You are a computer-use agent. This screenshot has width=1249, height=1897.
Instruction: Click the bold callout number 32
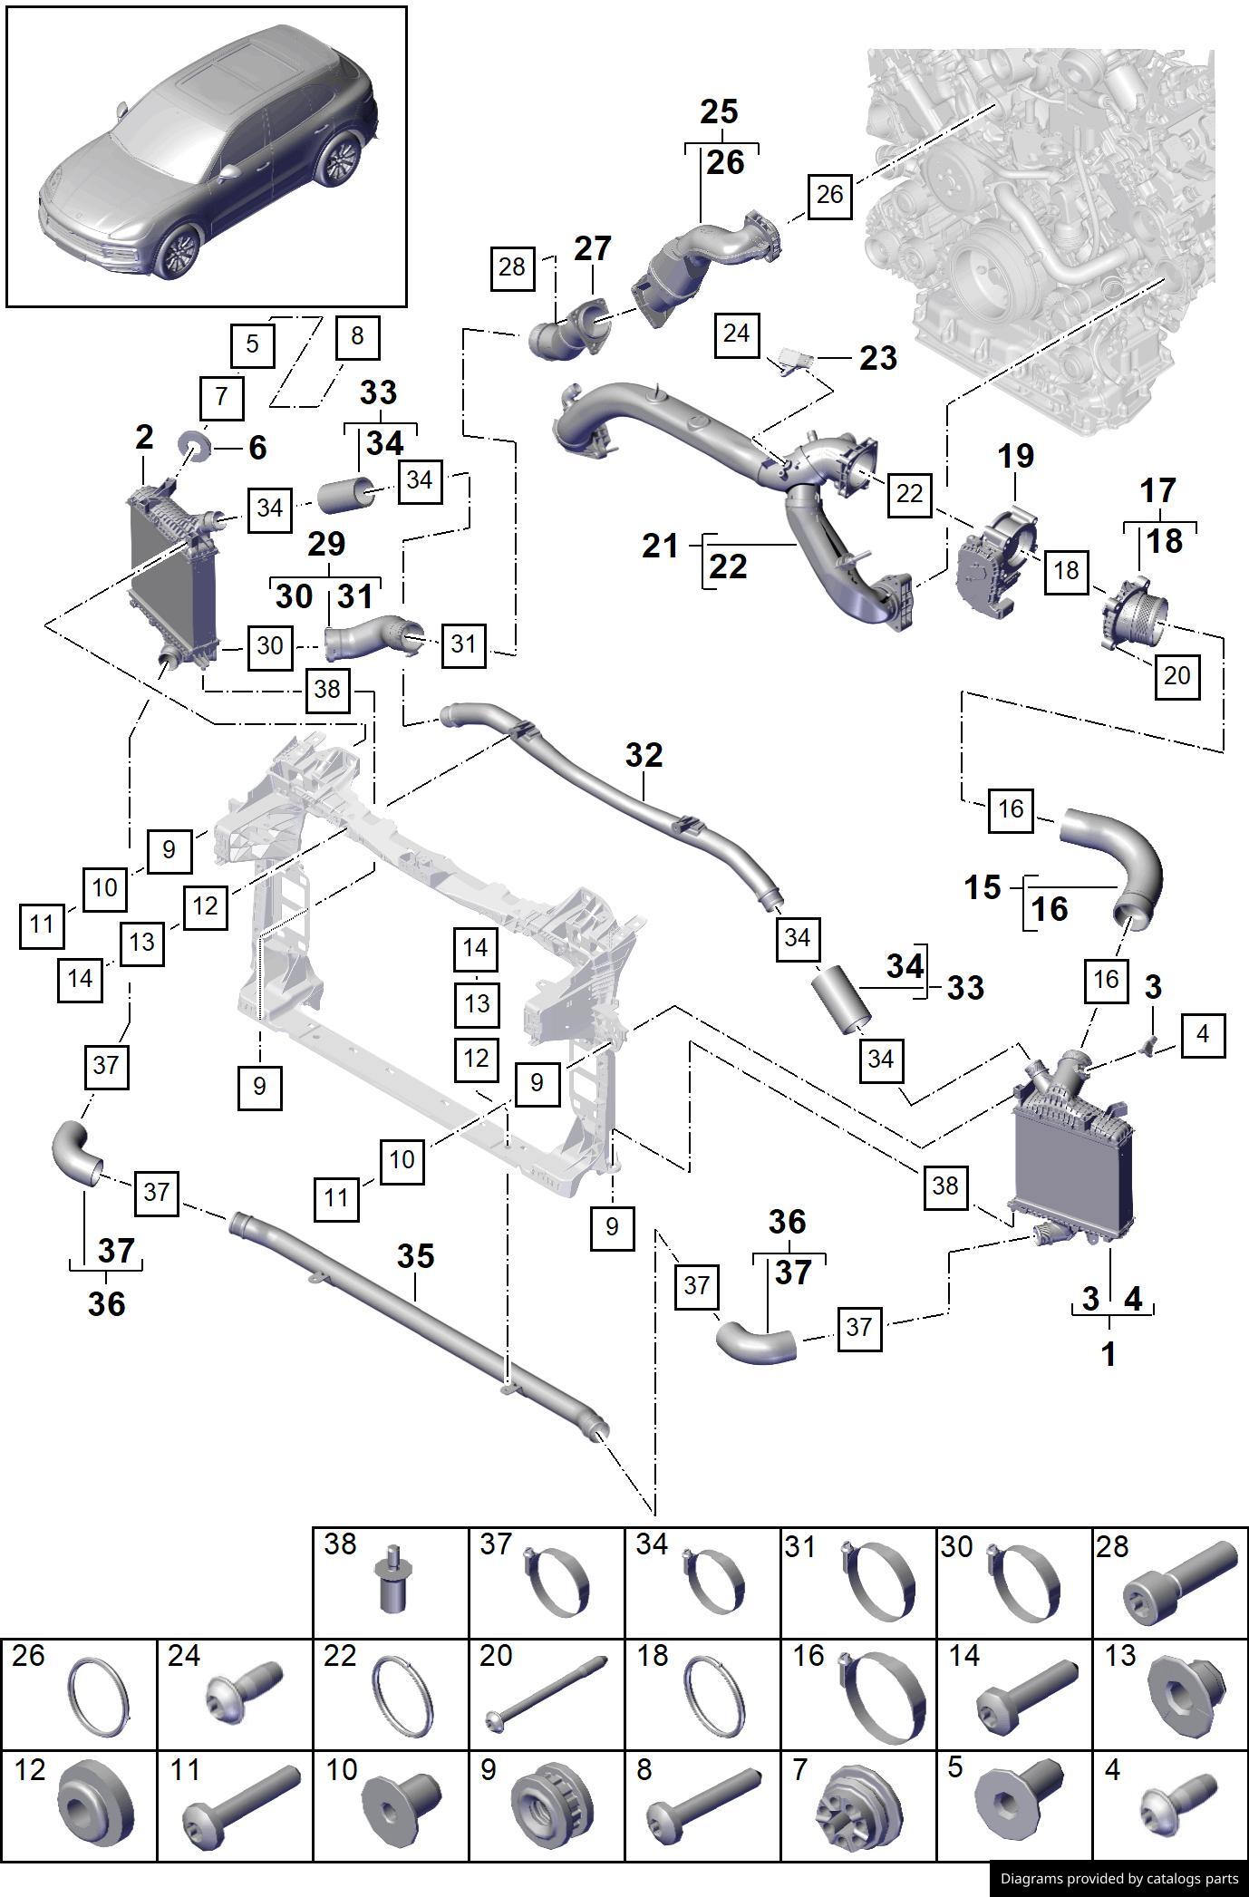click(x=644, y=755)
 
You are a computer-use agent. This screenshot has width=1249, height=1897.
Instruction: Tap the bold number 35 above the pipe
click(x=415, y=1256)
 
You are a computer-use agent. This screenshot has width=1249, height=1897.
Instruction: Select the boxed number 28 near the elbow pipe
click(x=512, y=266)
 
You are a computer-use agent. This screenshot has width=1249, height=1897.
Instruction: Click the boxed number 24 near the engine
click(x=736, y=334)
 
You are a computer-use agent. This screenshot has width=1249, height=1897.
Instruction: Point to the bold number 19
click(x=1015, y=456)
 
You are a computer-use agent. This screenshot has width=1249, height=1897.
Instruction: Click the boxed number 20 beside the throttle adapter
click(x=1176, y=675)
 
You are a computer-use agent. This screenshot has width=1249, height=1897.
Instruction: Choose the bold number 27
click(x=593, y=249)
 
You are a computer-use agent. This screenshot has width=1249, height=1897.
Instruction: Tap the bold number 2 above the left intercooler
click(x=144, y=438)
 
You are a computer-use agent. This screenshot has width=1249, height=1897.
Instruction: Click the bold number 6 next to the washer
click(x=257, y=448)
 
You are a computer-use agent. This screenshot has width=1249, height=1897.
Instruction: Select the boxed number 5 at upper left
click(x=252, y=344)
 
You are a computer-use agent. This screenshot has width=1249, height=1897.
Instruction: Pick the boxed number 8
click(x=356, y=336)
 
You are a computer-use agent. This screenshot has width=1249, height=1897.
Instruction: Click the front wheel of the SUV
click(x=177, y=253)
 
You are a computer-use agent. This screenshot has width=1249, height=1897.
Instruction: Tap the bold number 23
click(x=877, y=358)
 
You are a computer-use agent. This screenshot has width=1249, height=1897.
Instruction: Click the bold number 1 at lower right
click(x=1108, y=1354)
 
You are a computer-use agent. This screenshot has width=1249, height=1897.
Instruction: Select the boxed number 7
click(x=221, y=397)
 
